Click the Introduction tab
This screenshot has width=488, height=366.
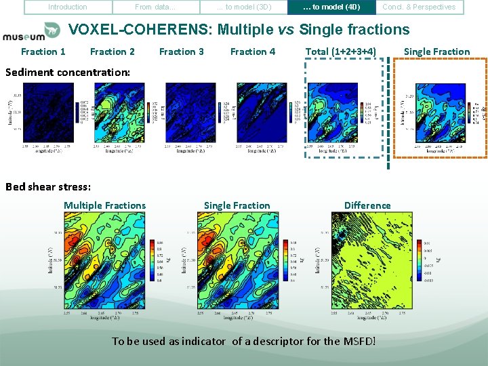click(x=68, y=7)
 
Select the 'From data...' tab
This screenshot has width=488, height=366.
click(x=155, y=7)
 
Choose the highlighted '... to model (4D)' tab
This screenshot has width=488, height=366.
click(x=331, y=7)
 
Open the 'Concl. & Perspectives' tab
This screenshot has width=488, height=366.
click(x=419, y=7)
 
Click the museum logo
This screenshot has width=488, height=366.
click(x=32, y=33)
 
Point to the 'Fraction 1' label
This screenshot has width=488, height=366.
click(x=43, y=52)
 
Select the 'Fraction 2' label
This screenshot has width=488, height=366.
click(x=113, y=52)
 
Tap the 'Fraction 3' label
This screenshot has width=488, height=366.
click(x=181, y=52)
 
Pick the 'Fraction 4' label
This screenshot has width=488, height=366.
click(x=253, y=52)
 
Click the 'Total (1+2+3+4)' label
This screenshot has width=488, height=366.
click(x=341, y=52)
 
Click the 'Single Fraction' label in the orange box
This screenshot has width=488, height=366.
click(x=436, y=52)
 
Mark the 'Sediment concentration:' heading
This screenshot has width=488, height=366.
click(x=68, y=72)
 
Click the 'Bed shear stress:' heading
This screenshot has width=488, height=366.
click(x=47, y=187)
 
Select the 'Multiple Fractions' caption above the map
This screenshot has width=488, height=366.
click(x=104, y=205)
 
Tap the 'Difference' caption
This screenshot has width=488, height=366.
click(x=367, y=205)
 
